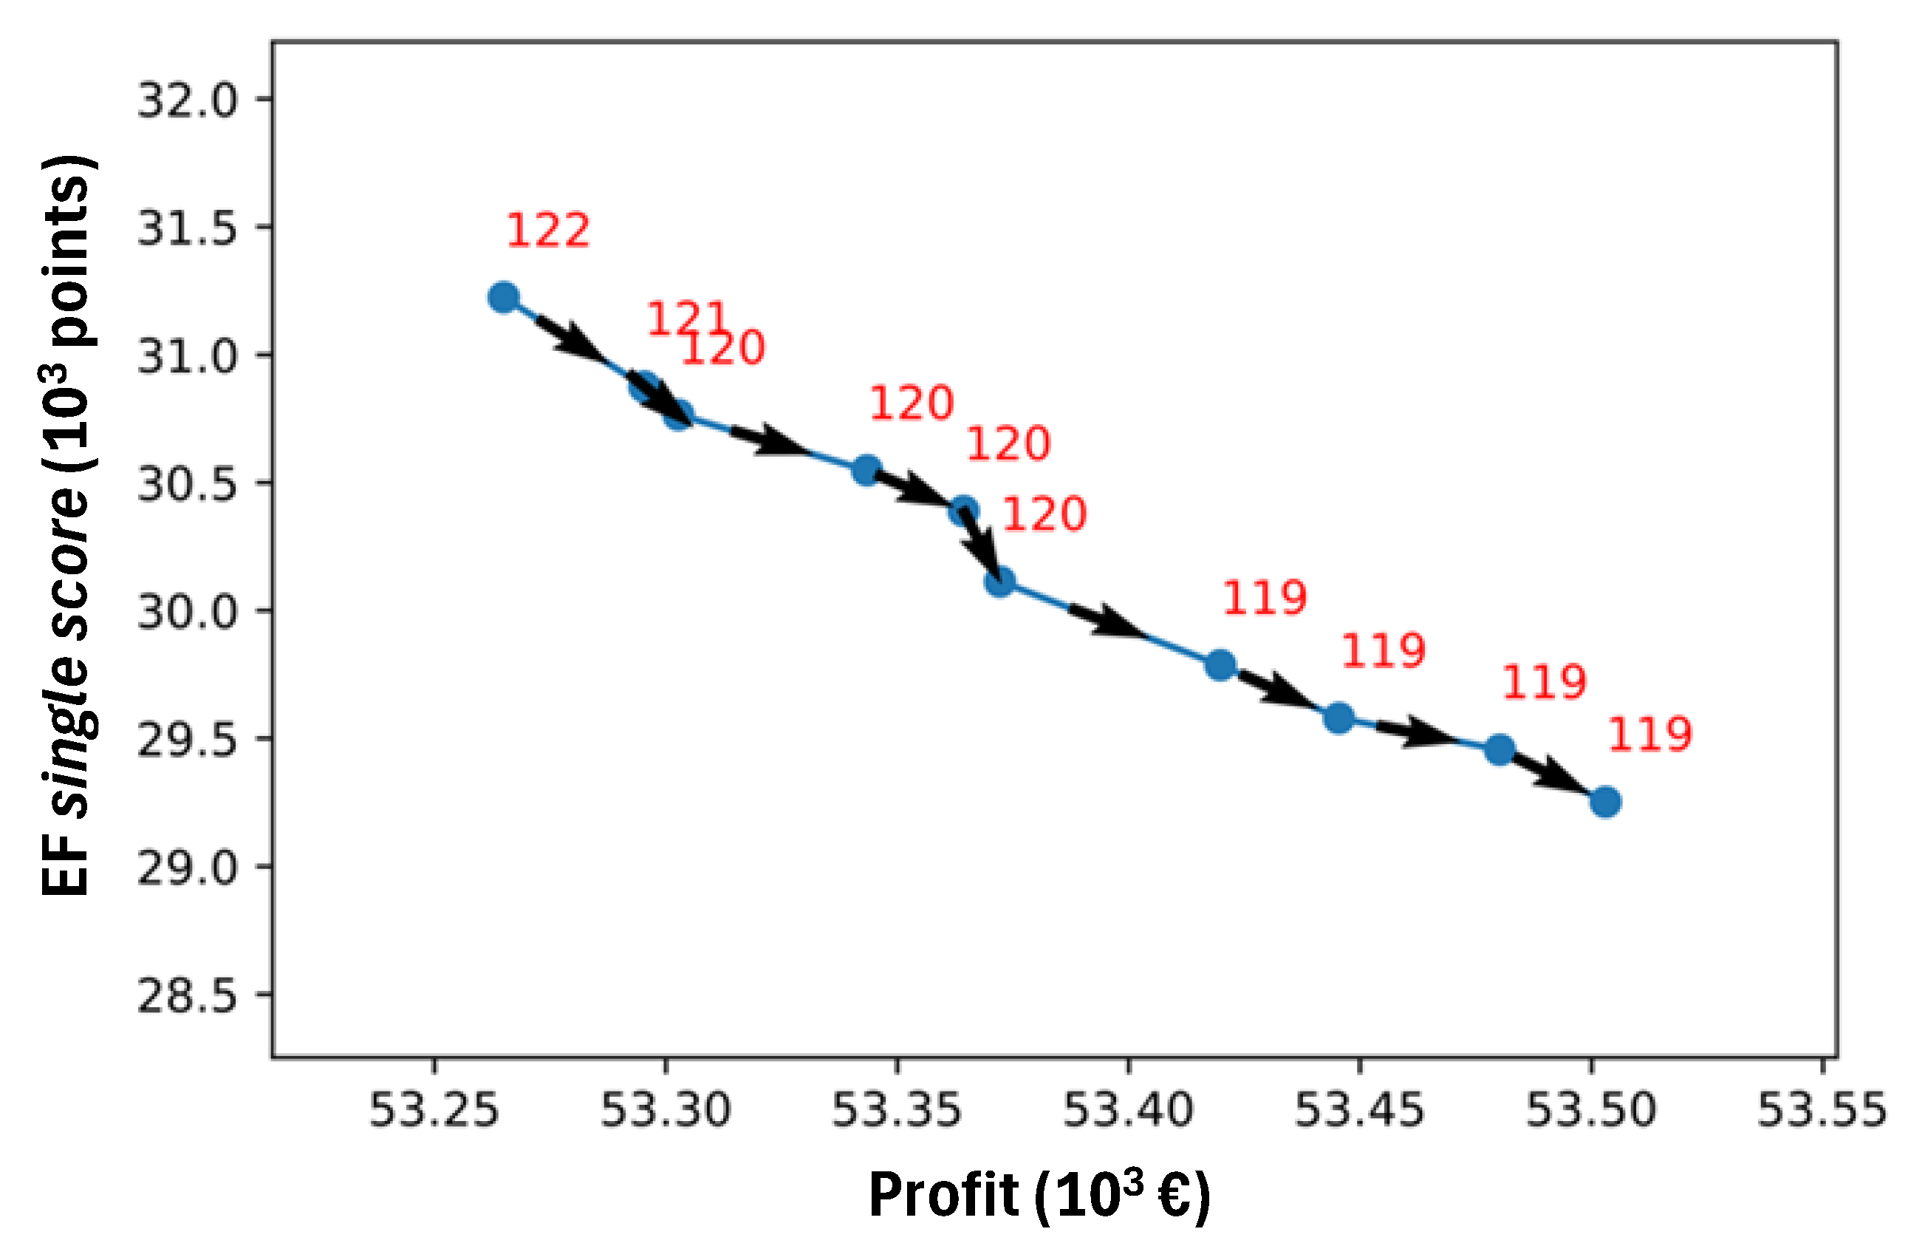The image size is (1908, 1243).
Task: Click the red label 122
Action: (x=548, y=231)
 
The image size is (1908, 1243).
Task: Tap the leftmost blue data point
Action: (x=504, y=298)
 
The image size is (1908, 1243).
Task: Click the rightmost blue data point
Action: (x=1605, y=802)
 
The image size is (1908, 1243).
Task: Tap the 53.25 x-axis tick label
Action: (x=434, y=1111)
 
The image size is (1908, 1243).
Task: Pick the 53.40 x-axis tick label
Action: (x=1128, y=1111)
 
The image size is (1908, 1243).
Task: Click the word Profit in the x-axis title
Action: (x=943, y=1196)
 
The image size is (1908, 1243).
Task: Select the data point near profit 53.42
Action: (x=1220, y=665)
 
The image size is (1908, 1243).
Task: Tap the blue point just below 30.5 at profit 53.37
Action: (x=964, y=511)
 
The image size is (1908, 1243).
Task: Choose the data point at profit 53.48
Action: (x=1500, y=751)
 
